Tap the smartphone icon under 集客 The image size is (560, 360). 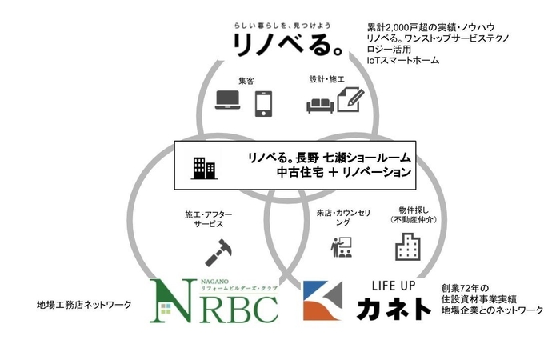point(264,103)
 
